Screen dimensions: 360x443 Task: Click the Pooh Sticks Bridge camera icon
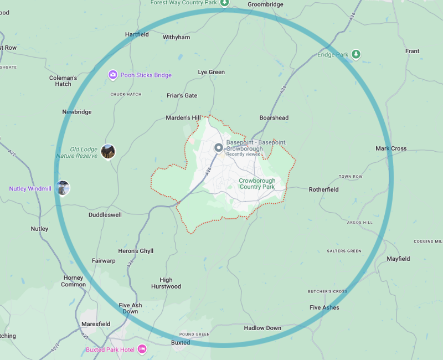(x=113, y=75)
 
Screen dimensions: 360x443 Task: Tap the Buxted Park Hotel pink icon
(x=142, y=349)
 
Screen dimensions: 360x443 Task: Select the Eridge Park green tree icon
(x=356, y=54)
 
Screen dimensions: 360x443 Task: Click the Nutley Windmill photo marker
(x=63, y=188)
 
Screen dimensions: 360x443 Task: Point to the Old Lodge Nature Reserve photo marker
(x=108, y=151)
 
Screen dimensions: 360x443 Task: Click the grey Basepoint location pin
(x=218, y=148)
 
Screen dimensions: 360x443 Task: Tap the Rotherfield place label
(x=323, y=189)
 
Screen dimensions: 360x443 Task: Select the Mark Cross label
(x=391, y=148)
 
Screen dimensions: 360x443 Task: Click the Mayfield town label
(x=398, y=259)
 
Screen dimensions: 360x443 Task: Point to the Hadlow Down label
(x=262, y=328)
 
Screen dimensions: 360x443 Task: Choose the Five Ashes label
(x=324, y=307)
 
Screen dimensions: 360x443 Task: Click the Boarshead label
(x=274, y=118)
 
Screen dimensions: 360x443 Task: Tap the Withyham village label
(x=176, y=38)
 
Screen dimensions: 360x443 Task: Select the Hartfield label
(x=137, y=34)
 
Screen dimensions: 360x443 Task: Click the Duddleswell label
(x=105, y=215)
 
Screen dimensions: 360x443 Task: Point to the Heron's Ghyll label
(x=136, y=251)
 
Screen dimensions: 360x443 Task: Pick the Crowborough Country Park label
(x=256, y=183)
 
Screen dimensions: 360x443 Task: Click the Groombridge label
(x=265, y=4)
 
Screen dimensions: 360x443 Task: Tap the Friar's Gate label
(x=182, y=96)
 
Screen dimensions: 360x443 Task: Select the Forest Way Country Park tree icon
(x=224, y=3)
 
